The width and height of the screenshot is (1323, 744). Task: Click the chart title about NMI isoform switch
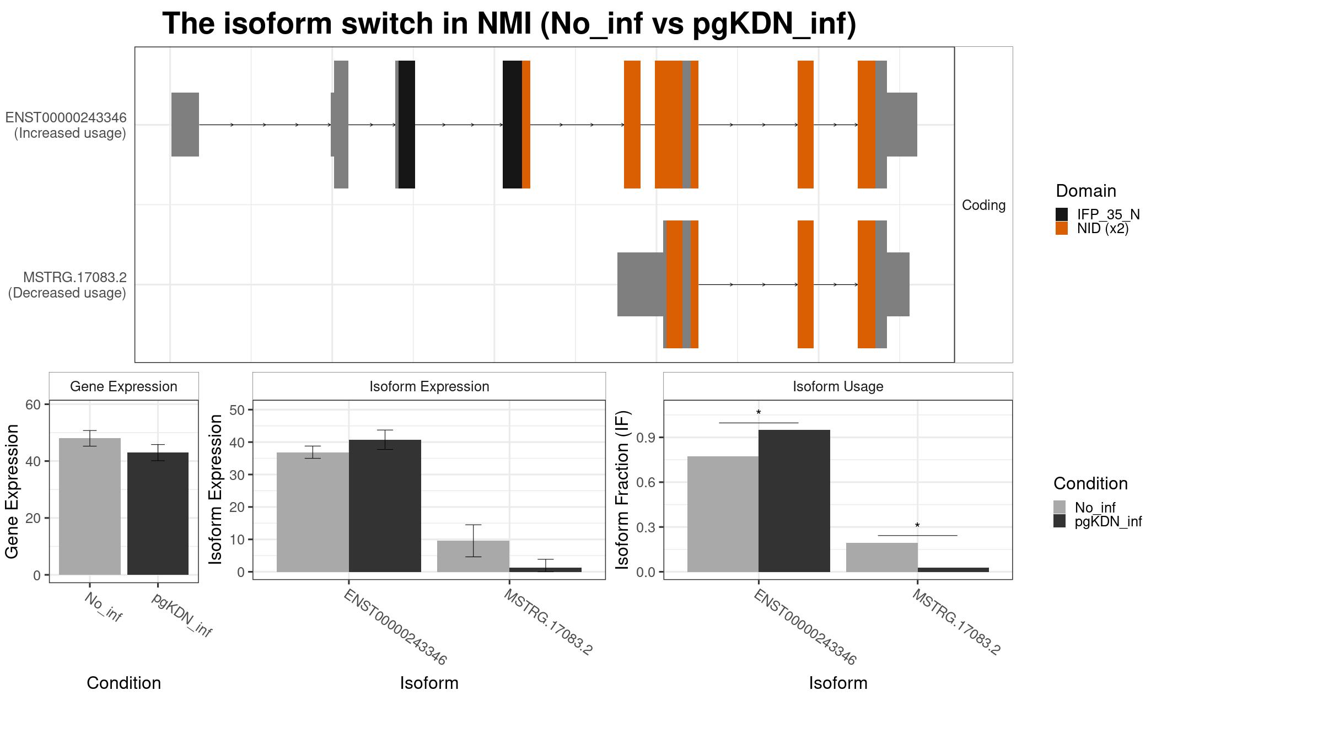point(509,24)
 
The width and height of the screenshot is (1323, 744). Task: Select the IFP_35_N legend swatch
point(1061,214)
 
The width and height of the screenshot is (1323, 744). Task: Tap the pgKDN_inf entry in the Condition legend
point(1108,521)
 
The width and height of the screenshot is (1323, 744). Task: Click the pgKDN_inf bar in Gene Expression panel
point(158,513)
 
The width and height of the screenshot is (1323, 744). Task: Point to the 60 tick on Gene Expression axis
point(33,405)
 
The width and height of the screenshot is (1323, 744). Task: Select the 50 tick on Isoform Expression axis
point(237,410)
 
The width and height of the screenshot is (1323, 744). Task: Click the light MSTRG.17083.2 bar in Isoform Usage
point(881,557)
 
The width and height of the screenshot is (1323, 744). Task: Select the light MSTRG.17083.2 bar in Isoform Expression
point(473,556)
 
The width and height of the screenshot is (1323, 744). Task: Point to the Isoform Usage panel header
point(838,386)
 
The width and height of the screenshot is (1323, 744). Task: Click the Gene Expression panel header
point(123,386)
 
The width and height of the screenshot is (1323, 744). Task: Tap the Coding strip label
point(983,205)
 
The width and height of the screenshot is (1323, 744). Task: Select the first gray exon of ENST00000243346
point(185,125)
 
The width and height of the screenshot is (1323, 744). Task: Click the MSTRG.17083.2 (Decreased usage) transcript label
point(67,285)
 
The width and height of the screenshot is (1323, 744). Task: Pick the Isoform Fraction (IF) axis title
point(622,489)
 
